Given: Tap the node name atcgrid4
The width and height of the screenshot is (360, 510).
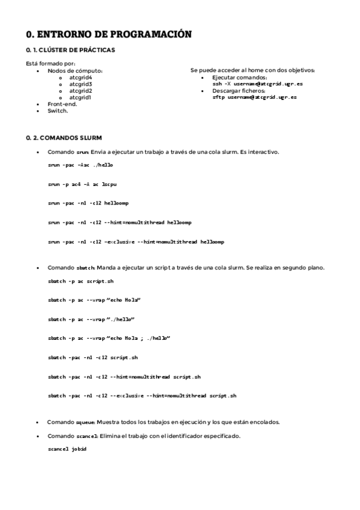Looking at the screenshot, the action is (80, 78).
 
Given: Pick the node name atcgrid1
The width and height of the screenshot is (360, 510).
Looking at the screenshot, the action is (80, 97).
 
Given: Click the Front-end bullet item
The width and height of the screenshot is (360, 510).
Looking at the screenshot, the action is (62, 104).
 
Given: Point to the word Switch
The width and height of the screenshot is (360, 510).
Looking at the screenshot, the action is (58, 111).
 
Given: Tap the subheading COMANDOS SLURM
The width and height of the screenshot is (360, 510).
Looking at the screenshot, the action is (64, 138).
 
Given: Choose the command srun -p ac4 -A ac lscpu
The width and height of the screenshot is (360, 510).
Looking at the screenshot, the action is (79, 184).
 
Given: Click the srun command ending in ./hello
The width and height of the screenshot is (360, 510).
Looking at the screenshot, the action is (80, 164).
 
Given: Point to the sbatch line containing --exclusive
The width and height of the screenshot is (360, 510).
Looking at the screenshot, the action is (142, 396).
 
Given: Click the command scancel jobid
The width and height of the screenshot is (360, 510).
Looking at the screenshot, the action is (67, 449).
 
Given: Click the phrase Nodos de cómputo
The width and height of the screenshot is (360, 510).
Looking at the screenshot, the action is (75, 71).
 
